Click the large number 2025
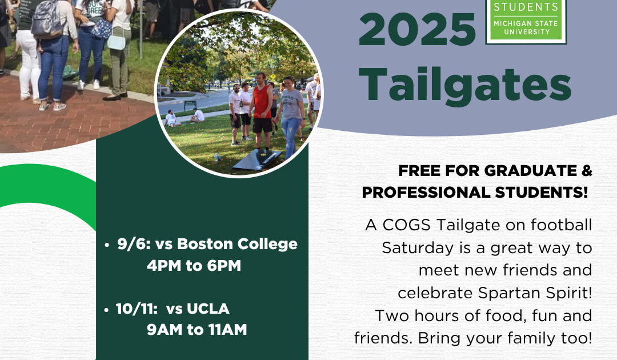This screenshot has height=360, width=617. tap(417, 30)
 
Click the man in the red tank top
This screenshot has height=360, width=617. tap(261, 111)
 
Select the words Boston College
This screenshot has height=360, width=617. tap(237, 245)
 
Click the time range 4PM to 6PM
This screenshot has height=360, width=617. tap(194, 266)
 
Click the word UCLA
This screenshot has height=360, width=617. tap(208, 309)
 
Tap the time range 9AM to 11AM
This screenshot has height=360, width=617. tap(197, 330)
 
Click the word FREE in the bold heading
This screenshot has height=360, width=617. tap(419, 171)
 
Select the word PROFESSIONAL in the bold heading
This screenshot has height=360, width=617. tap(426, 193)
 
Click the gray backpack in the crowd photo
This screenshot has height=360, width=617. tap(46, 18)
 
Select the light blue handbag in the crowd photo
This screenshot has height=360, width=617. tap(117, 42)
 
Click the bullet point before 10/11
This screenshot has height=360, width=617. tap(106, 310)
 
